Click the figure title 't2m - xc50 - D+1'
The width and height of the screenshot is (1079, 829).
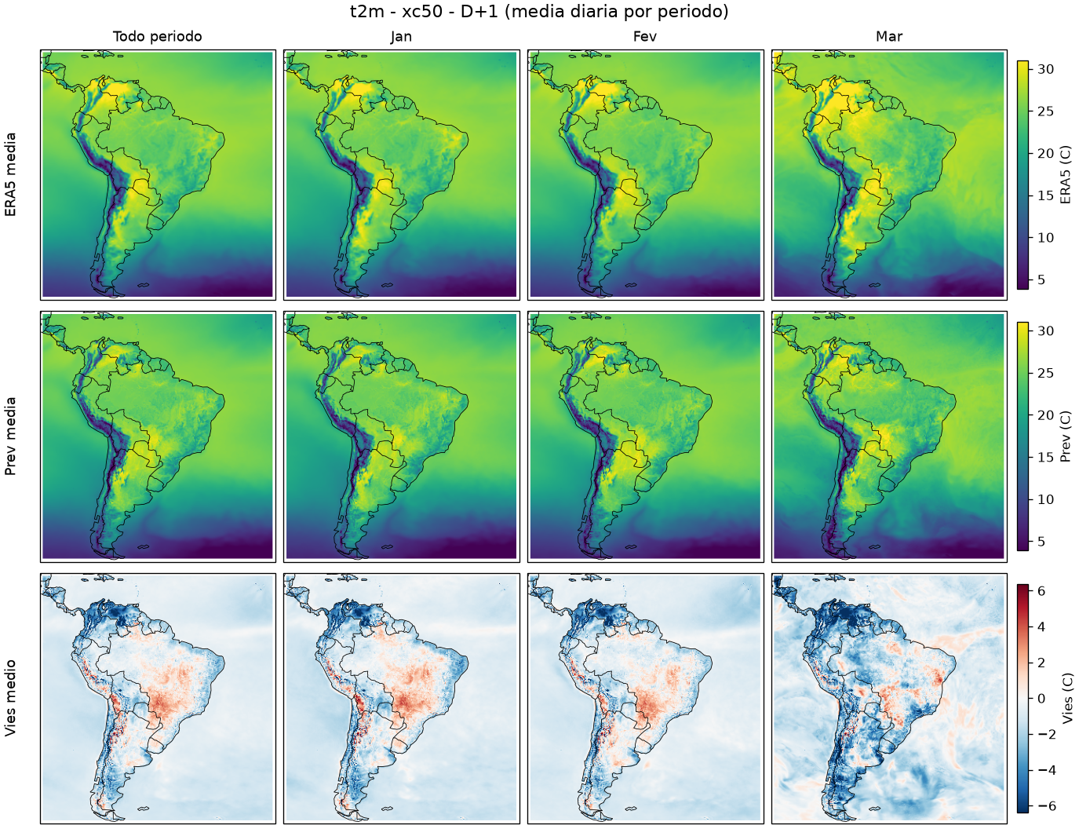(427, 12)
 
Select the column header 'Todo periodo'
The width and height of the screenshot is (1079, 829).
(158, 37)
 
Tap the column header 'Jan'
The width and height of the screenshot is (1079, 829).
(401, 37)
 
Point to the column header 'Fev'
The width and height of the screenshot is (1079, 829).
(645, 37)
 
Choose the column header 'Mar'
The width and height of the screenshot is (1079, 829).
(889, 37)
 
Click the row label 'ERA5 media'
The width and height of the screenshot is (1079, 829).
(10, 174)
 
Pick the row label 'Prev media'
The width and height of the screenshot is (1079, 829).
(10, 436)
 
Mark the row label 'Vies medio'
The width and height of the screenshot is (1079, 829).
(10, 698)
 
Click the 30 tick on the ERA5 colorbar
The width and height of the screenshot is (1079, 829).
(1045, 69)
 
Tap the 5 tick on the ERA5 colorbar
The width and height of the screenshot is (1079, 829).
(1041, 279)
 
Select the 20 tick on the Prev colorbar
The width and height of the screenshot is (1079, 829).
(1045, 415)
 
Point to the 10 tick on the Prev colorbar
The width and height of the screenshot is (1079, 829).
(1045, 499)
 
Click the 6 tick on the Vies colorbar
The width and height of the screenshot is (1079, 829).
(1041, 591)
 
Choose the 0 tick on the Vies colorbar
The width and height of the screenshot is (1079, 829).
(1041, 699)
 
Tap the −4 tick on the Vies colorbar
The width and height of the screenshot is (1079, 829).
(1045, 770)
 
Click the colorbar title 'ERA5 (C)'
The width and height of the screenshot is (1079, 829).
(1066, 174)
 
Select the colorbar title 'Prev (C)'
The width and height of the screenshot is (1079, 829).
(1066, 436)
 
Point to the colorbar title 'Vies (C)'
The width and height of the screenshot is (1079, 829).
(1066, 698)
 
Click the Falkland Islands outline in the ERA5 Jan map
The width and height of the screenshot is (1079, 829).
(388, 285)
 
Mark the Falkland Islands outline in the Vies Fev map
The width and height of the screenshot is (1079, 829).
(631, 809)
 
